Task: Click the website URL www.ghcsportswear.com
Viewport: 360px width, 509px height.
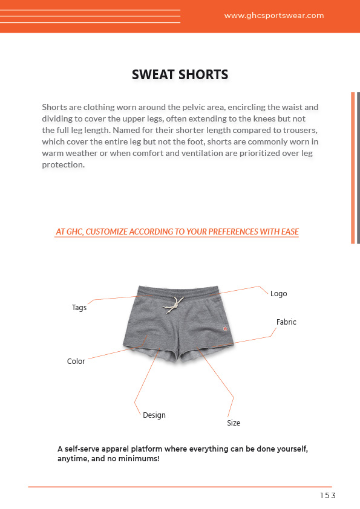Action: click(273, 16)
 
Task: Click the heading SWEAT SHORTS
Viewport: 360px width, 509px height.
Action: click(180, 75)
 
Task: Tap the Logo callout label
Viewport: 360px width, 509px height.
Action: click(278, 294)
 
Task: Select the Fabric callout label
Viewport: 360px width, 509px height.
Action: click(286, 322)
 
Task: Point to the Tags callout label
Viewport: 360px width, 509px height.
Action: click(79, 308)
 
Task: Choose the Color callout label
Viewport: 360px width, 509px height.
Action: click(76, 361)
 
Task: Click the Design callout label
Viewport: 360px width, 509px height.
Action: click(154, 415)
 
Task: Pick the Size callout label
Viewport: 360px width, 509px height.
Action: click(234, 423)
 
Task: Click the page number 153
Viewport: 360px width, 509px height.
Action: click(327, 496)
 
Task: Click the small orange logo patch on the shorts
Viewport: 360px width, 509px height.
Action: click(222, 329)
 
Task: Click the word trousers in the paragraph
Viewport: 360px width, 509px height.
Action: click(301, 131)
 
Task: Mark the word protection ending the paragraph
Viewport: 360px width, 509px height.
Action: click(63, 165)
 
